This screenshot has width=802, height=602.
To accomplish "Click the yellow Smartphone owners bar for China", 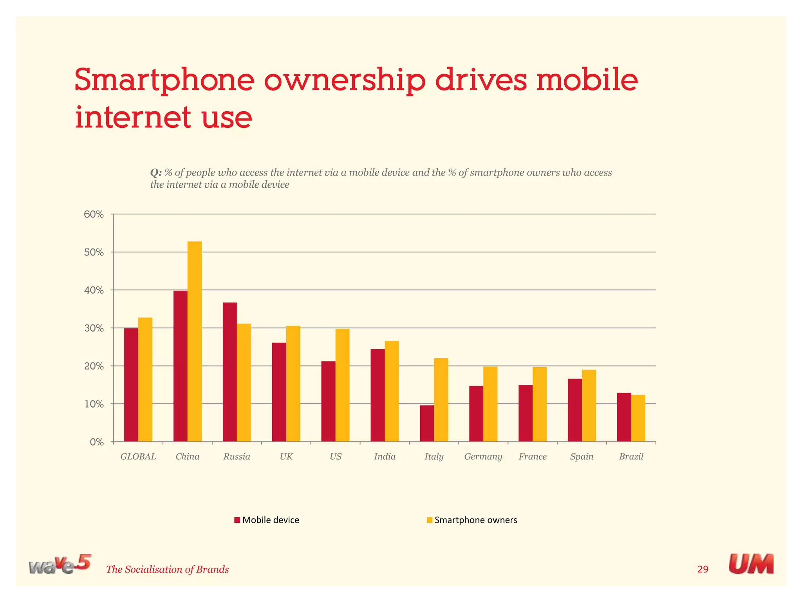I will [x=195, y=341].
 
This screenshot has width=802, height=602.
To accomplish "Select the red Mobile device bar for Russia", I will [x=229, y=372].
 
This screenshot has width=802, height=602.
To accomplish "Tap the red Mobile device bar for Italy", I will [x=427, y=423].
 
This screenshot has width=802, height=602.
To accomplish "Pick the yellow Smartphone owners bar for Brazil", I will [x=638, y=418].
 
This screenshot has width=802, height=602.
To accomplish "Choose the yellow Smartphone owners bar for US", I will [x=342, y=385].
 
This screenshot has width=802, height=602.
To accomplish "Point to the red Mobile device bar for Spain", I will [x=574, y=410].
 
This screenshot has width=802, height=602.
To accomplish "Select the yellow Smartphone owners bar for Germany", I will [x=490, y=404].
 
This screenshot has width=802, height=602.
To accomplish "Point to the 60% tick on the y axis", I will [x=94, y=214].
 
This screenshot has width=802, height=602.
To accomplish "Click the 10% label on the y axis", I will [x=94, y=404].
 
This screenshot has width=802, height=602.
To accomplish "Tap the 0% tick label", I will [x=96, y=442].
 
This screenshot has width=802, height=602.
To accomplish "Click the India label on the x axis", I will [x=385, y=457].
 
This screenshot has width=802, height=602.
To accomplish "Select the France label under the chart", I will [x=533, y=457].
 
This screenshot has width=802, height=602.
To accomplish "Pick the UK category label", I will [x=286, y=457].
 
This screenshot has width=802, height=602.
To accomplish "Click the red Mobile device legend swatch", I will [x=237, y=520].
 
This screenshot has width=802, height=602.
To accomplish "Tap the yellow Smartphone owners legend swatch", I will [x=430, y=520].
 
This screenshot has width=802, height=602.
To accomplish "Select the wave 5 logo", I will [x=60, y=565].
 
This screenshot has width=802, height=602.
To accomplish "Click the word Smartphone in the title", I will [x=164, y=80].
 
